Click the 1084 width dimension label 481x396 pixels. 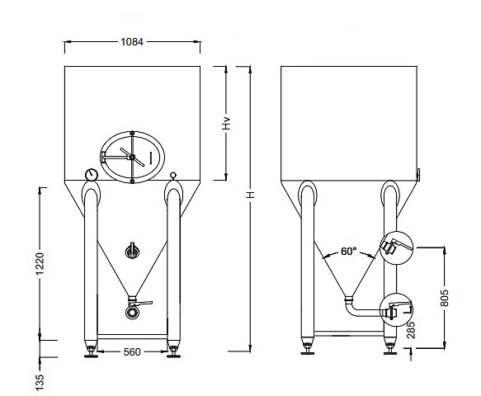132,42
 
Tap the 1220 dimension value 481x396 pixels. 40,264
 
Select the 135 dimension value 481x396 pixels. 40,382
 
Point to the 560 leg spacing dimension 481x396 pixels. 132,351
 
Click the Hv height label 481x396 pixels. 226,123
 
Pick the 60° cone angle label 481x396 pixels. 349,252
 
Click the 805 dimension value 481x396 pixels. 444,298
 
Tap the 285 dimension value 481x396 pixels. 411,330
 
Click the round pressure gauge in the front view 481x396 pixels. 91,175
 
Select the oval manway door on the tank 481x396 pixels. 132,157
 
